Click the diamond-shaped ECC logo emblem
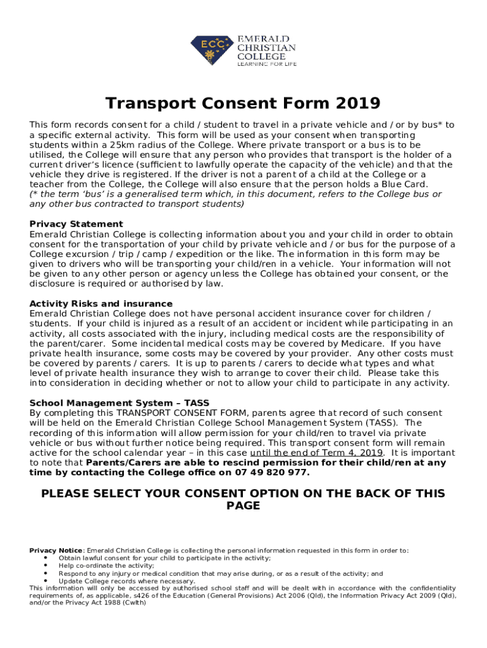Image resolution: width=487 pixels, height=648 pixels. click(212, 51)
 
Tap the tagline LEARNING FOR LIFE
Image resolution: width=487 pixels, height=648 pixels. click(266, 64)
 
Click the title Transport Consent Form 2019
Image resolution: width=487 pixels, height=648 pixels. click(243, 103)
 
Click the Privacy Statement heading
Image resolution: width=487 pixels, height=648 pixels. click(77, 224)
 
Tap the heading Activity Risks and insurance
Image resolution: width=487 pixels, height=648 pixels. click(101, 304)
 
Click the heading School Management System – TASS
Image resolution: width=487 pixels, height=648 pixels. click(120, 403)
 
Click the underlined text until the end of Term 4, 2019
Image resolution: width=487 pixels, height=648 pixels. click(317, 453)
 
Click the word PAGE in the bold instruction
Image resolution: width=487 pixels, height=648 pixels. click(243, 506)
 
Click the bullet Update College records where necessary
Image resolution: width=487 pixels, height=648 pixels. click(126, 581)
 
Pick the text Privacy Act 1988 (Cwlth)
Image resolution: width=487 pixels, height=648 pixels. click(98, 603)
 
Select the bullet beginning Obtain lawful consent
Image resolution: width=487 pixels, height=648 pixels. click(164, 558)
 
